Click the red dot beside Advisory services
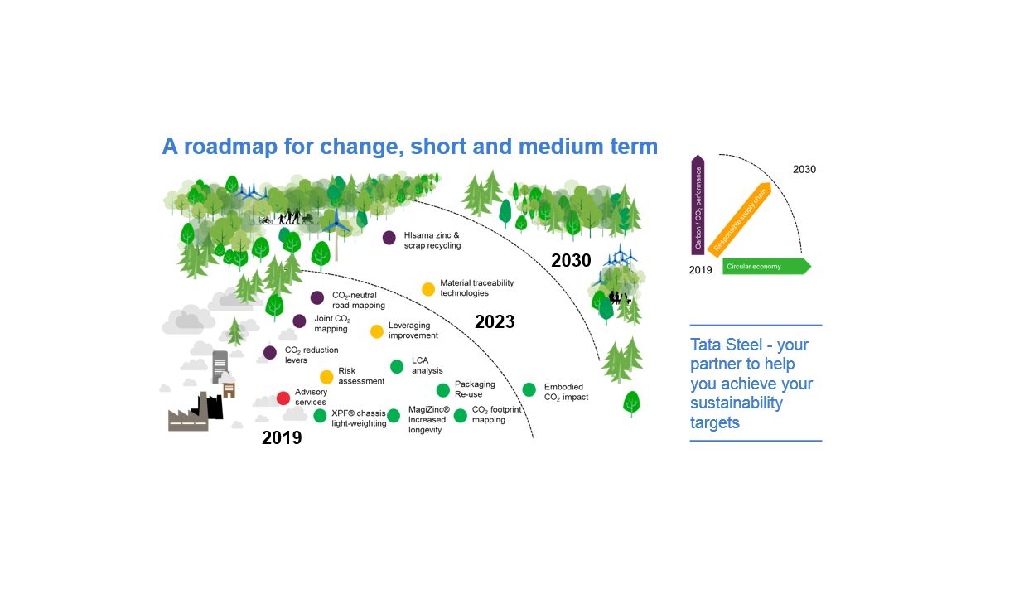(x=283, y=398)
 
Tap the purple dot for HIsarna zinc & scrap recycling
(x=389, y=238)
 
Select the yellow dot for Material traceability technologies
(x=428, y=289)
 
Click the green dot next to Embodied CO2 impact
(x=529, y=389)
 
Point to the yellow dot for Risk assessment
(x=326, y=377)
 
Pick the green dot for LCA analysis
(x=397, y=366)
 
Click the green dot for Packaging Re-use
(x=443, y=390)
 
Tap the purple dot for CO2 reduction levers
(x=270, y=353)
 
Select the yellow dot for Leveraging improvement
(x=377, y=331)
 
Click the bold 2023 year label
(x=495, y=322)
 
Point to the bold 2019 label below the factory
(x=282, y=438)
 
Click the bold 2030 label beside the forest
(x=571, y=261)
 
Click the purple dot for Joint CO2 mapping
(x=299, y=321)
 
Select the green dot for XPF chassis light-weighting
(x=320, y=416)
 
